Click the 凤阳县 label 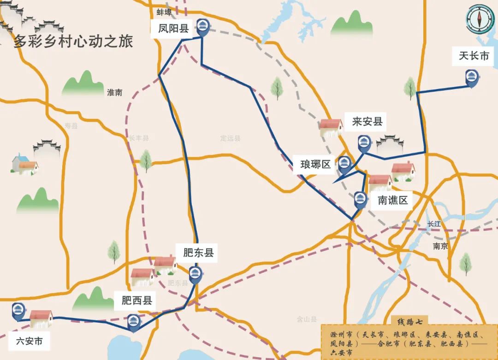[170, 29]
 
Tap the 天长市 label [474, 56]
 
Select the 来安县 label [367, 122]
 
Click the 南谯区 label [393, 201]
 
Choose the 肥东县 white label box [198, 253]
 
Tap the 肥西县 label [136, 301]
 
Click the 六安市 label [29, 342]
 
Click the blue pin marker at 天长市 [471, 77]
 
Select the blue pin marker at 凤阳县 [202, 27]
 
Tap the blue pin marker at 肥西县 [133, 322]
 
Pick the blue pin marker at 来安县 [364, 143]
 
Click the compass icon [480, 19]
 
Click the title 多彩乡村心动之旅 [73, 41]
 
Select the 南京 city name [440, 246]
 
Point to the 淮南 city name [114, 93]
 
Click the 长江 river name [434, 224]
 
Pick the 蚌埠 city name [164, 12]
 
